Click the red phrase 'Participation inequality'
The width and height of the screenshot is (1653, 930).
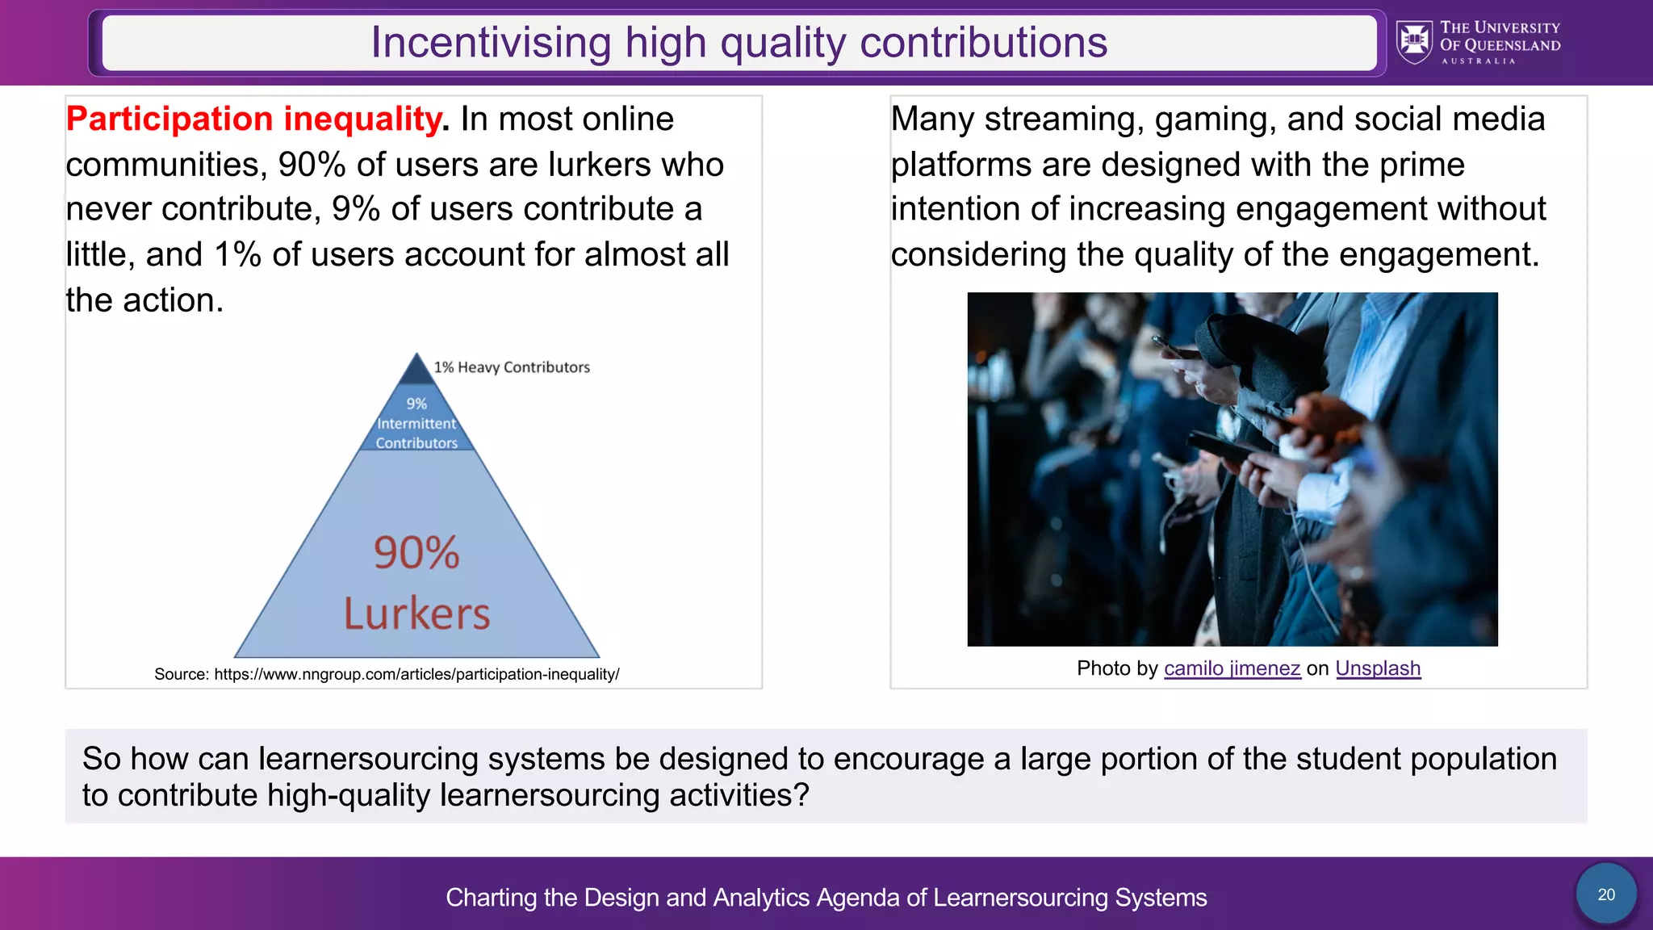pyautogui.click(x=254, y=119)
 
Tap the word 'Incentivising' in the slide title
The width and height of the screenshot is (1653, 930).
pyautogui.click(x=491, y=43)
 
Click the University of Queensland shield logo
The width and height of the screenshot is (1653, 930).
pyautogui.click(x=1414, y=42)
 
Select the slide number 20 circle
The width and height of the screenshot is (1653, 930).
pyautogui.click(x=1606, y=894)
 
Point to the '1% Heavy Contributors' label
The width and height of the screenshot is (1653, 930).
pyautogui.click(x=512, y=367)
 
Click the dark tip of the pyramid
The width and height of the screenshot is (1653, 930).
pyautogui.click(x=416, y=371)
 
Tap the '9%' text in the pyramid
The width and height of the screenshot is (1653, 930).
pyautogui.click(x=416, y=404)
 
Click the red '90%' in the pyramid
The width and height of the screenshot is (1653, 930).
pyautogui.click(x=416, y=553)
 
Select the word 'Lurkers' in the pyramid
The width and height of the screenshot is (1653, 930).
pyautogui.click(x=416, y=614)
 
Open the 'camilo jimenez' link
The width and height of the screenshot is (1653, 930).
pyautogui.click(x=1232, y=668)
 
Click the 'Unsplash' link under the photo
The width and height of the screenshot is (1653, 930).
pyautogui.click(x=1378, y=668)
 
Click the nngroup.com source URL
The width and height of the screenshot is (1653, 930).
pyautogui.click(x=416, y=674)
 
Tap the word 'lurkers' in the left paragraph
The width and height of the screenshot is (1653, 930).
pyautogui.click(x=599, y=165)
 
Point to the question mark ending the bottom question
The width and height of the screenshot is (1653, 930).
pyautogui.click(x=801, y=795)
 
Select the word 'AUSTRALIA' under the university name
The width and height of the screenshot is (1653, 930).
pyautogui.click(x=1479, y=61)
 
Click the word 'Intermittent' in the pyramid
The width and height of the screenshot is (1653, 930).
pyautogui.click(x=416, y=424)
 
